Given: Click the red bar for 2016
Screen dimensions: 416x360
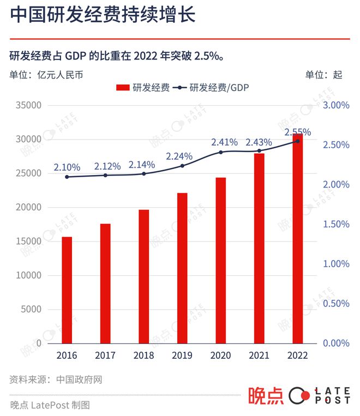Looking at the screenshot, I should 67,290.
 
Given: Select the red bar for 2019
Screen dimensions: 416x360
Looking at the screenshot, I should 182,268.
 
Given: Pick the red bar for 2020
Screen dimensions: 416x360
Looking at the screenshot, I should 220,260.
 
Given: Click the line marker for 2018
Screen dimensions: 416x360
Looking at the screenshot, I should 144,174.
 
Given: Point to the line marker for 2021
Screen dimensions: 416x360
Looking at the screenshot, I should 259,151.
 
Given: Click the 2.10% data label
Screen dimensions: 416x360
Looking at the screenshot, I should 67,167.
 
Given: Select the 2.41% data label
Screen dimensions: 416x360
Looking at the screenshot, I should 224,142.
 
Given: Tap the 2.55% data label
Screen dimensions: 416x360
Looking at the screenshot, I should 297,132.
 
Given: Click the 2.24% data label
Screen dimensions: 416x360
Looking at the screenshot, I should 179,156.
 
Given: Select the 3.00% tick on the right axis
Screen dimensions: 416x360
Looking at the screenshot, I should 336,105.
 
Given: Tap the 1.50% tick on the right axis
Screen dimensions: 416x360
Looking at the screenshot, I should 336,224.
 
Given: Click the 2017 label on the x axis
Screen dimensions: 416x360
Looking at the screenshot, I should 105,355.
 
